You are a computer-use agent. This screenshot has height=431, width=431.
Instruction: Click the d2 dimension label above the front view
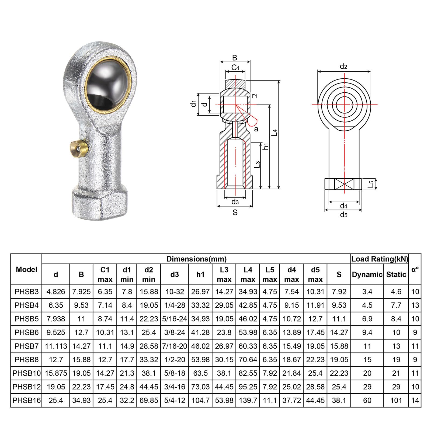click(x=344, y=67)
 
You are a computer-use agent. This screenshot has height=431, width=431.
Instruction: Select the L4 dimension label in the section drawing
click(x=274, y=132)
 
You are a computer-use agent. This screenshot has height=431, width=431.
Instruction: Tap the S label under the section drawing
click(x=235, y=213)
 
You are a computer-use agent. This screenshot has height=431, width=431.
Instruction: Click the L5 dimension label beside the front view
click(x=371, y=184)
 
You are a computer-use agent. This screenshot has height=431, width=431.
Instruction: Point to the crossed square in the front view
click(x=344, y=184)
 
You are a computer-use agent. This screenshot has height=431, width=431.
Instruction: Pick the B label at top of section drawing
click(x=235, y=58)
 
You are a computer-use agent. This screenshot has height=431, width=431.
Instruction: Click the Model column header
click(x=26, y=269)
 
